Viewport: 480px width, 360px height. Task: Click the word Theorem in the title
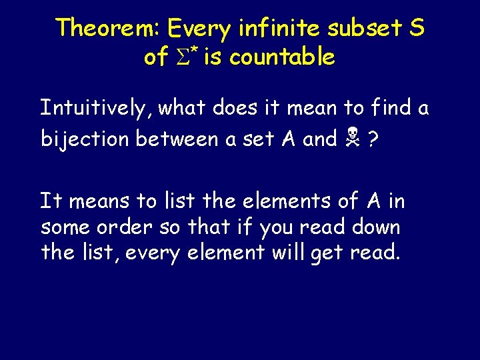[109, 29]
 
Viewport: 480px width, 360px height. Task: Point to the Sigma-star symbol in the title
[187, 57]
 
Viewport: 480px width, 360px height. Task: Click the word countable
[280, 57]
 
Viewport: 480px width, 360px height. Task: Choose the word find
[387, 108]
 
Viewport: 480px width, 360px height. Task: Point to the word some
[63, 227]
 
